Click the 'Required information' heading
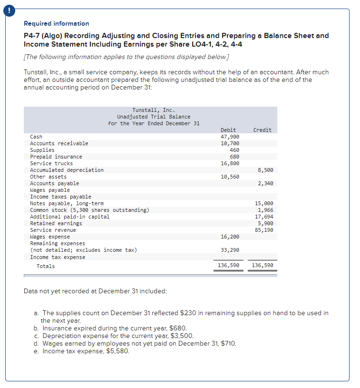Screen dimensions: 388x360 click(x=56, y=23)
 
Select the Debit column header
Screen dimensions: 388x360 click(x=228, y=130)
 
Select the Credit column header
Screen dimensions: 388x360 click(x=263, y=130)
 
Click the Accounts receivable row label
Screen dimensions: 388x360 click(x=59, y=143)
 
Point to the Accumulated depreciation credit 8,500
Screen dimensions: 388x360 click(x=265, y=170)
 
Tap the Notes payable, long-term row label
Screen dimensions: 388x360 click(x=67, y=203)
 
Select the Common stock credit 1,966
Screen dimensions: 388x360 click(x=265, y=210)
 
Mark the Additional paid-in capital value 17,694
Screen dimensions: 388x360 click(x=264, y=217)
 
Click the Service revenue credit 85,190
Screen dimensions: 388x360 click(x=264, y=230)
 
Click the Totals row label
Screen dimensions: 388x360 click(x=46, y=266)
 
